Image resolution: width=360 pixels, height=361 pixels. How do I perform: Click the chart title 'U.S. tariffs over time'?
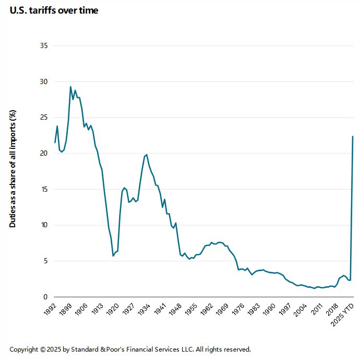point(54,10)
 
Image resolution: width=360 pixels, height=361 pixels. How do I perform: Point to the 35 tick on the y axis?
point(44,46)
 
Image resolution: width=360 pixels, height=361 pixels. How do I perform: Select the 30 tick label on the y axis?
point(44,82)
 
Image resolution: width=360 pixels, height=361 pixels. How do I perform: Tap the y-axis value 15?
point(44,190)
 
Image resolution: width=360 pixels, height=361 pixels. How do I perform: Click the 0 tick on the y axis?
point(46,297)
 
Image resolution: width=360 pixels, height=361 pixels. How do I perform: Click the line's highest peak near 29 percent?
point(70,87)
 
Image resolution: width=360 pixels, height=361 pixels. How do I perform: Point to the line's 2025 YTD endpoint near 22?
point(353,136)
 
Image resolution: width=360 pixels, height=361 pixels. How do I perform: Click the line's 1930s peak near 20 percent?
point(147,155)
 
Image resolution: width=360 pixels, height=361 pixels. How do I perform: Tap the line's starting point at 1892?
point(55,142)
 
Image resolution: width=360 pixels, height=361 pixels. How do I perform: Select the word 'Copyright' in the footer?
point(25,349)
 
